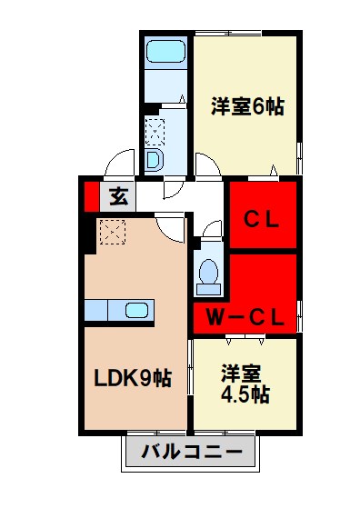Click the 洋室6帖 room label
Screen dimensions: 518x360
click(x=247, y=106)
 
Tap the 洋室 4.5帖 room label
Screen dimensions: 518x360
click(x=244, y=384)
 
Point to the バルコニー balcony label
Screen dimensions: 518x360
click(x=191, y=451)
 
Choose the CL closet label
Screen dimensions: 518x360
click(x=263, y=218)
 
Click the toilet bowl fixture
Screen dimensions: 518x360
click(x=209, y=274)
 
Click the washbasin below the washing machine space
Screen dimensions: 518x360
click(x=154, y=160)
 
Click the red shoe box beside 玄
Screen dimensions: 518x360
click(x=92, y=195)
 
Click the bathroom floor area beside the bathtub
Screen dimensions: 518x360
click(x=165, y=85)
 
